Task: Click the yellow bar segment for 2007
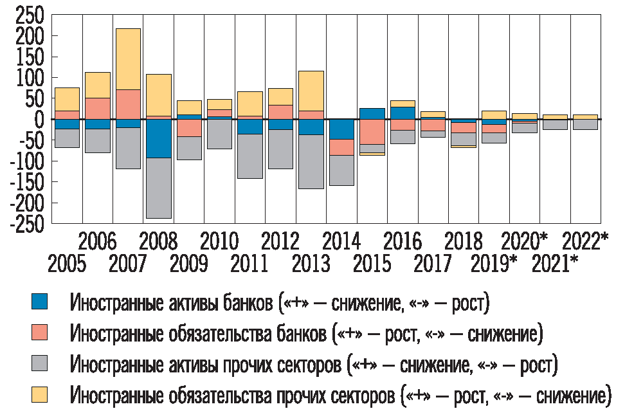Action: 128,59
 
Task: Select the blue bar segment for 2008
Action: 158,138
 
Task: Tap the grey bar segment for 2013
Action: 311,161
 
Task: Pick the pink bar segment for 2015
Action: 372,132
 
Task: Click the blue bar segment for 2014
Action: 341,129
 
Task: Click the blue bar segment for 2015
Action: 372,114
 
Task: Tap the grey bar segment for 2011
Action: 250,156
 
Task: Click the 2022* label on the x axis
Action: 585,242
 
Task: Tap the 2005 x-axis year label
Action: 67,264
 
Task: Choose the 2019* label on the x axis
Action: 494,264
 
